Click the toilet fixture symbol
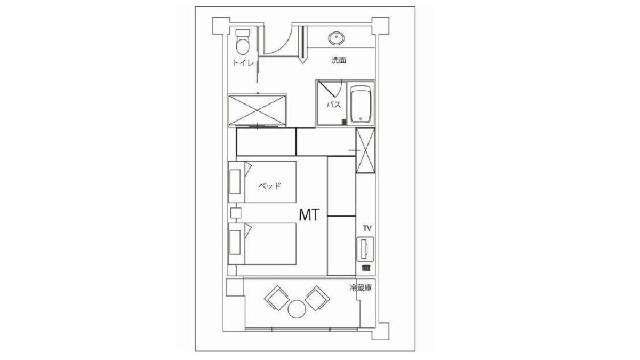tap(243, 42)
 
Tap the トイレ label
tap(243, 62)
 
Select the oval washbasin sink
tap(337, 38)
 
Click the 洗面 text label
tap(339, 60)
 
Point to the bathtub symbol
tap(361, 104)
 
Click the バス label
tap(334, 105)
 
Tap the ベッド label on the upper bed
tap(269, 186)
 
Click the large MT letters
tap(309, 215)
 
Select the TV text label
tap(367, 228)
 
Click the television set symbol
tap(365, 249)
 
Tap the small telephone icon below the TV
tap(366, 268)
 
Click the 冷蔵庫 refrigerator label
tap(361, 287)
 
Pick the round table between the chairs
tap(297, 309)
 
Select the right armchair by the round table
tap(317, 298)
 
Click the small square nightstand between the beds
tap(236, 213)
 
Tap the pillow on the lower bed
tap(235, 243)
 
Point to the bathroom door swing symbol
tap(331, 89)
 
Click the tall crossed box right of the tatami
tap(365, 150)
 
